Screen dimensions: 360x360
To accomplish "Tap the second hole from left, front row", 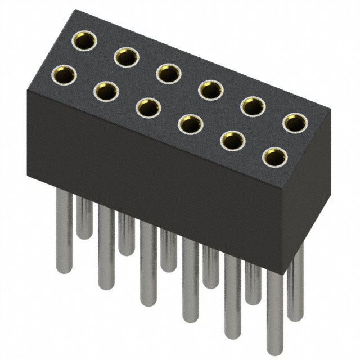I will tap(106, 91).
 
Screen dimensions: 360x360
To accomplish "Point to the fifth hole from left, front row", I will tap(232, 141).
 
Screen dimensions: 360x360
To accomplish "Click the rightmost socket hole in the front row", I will tap(274, 157).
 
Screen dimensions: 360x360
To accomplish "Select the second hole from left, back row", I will tap(127, 56).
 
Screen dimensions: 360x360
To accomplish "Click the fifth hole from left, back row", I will tap(253, 105).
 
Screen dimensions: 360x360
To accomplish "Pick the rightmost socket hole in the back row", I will tap(295, 121).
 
